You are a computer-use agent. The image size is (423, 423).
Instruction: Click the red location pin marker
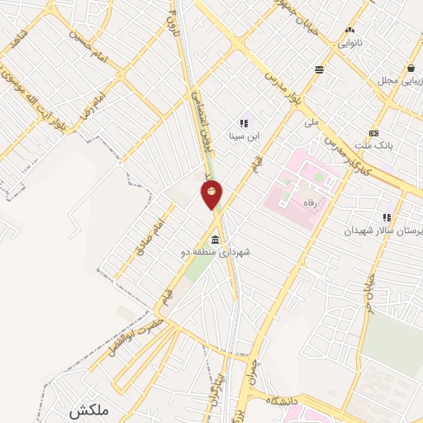tap(212, 193)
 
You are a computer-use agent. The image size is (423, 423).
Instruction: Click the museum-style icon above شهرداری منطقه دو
tap(215, 240)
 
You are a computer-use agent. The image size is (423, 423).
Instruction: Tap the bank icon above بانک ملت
tap(374, 133)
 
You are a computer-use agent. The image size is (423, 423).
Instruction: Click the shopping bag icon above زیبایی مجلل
tap(411, 68)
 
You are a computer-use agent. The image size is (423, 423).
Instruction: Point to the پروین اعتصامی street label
tap(197, 124)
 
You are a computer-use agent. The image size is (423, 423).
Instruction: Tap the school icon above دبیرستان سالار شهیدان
tap(387, 217)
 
